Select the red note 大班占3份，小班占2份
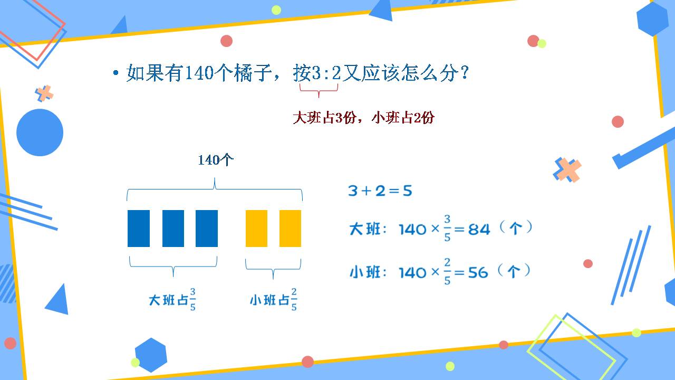point(363,118)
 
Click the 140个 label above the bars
point(215,160)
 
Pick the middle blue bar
point(173,229)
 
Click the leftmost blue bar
point(139,229)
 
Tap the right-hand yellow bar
point(290,229)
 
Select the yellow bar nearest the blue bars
point(256,229)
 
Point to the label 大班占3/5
point(172,300)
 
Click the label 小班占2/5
point(273,300)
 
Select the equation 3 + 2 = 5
point(380,191)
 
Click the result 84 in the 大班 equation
point(479,230)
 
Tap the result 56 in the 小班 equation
point(478,273)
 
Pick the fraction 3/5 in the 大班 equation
point(447,229)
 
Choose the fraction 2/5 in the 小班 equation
point(447,272)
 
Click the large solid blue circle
point(40,132)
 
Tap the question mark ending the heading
point(465,73)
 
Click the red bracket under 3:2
point(319,90)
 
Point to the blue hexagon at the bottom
point(151,355)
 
